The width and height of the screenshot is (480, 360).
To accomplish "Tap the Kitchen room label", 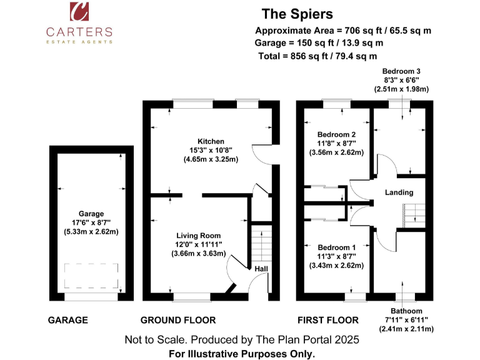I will pos(211,141).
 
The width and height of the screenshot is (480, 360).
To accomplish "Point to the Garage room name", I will pos(91,214).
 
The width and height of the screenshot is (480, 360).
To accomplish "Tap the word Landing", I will pos(398,192).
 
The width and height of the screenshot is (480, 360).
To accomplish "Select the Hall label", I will pos(261,269).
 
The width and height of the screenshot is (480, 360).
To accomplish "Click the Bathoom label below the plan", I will pos(406,311).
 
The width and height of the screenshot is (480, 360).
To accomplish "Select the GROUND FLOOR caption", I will pos(178,320).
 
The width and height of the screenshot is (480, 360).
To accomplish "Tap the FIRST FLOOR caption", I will pos(327,320).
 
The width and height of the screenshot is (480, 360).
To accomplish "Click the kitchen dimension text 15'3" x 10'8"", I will pos(211,151).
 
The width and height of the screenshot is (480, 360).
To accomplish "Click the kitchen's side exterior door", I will pos(261,154).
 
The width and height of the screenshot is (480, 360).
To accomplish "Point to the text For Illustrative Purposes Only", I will pos(242,353).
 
